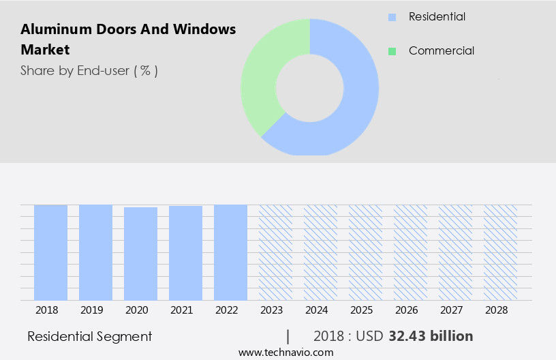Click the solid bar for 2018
coord(50,252)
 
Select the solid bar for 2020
coord(140,254)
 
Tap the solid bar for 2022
coord(230,252)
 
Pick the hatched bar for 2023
coord(275,252)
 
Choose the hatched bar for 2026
coord(410,252)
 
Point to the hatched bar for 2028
coord(500,252)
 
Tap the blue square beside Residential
coord(392,17)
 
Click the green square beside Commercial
coord(392,51)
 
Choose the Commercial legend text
coord(441,51)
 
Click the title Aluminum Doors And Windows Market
coord(128,40)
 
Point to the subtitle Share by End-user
coord(89,70)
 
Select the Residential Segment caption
coord(90,336)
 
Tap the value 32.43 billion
coord(431,336)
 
